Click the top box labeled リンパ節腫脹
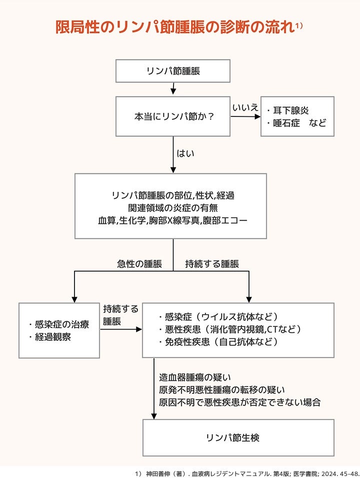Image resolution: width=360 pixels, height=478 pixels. tap(172, 71)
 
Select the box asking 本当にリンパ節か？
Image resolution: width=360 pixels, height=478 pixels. tap(172, 116)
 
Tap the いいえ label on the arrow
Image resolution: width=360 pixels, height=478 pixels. tap(245, 107)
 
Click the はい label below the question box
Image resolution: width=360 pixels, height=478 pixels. tap(185, 153)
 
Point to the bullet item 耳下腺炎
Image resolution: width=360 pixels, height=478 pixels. tap(287, 110)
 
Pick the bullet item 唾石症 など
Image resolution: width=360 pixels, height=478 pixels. tap(296, 123)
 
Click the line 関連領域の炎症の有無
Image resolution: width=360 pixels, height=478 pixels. tap(173, 208)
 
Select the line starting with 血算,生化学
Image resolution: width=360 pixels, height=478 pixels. tap(172, 220)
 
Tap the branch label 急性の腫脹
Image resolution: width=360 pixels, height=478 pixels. tap(139, 264)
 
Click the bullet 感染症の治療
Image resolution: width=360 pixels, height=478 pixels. tap(59, 324)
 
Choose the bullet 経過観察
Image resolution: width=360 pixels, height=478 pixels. tap(50, 337)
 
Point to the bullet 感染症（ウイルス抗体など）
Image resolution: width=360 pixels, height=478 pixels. tap(218, 317)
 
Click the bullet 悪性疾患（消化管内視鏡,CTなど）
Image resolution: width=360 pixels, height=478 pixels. tap(229, 329)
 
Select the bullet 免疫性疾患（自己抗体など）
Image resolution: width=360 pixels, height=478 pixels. tap(218, 342)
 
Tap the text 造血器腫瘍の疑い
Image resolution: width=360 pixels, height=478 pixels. tap(195, 378)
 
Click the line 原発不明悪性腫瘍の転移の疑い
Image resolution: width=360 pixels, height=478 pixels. tap(222, 390)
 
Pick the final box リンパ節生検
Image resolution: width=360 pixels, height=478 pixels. tap(238, 438)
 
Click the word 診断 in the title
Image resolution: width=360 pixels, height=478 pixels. tap(235, 27)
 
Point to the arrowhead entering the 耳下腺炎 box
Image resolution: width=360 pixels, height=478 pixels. tap(258, 116)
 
